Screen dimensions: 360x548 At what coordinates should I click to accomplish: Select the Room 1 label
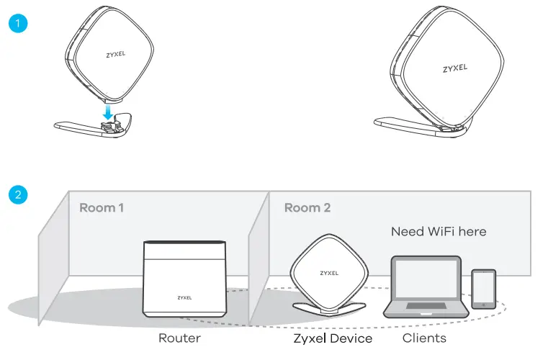[102, 208]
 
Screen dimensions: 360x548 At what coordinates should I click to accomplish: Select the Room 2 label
[307, 208]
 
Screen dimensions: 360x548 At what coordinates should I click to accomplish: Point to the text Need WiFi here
[439, 231]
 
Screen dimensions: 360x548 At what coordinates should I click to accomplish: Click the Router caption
[179, 338]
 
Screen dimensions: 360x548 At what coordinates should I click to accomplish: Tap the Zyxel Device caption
[333, 338]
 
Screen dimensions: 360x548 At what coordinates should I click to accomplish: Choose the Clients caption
[424, 338]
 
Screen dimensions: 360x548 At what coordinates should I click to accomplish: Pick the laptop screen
[424, 281]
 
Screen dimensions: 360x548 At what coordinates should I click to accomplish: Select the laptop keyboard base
[424, 310]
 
